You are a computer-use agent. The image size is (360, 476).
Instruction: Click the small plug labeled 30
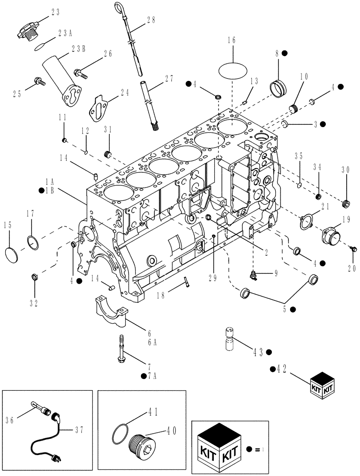point(346,204)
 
